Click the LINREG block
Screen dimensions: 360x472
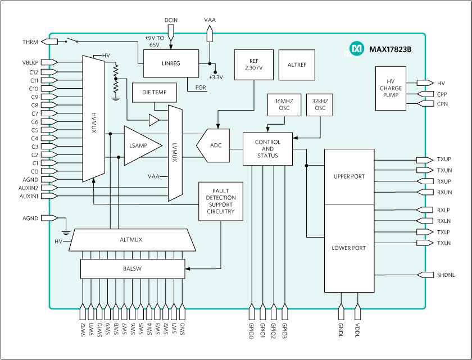[171, 63]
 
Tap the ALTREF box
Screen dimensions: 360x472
[297, 65]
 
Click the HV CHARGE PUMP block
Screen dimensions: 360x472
[390, 88]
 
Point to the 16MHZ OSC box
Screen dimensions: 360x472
[284, 104]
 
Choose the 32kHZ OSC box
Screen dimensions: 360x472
[320, 104]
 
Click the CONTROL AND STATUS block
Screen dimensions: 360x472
[267, 149]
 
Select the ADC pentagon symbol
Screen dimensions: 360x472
[214, 145]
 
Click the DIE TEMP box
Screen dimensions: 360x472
[154, 93]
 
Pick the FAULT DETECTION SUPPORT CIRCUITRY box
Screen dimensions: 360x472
[221, 201]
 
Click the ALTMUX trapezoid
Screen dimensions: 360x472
[131, 240]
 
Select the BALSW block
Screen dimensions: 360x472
[132, 268]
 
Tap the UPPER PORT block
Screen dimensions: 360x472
[349, 176]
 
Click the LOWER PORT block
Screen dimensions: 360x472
[349, 248]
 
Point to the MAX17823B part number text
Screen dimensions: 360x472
[390, 49]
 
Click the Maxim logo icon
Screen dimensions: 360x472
[356, 49]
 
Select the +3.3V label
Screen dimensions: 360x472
[216, 77]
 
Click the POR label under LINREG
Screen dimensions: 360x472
[201, 87]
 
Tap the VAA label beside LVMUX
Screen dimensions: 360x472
[153, 176]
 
